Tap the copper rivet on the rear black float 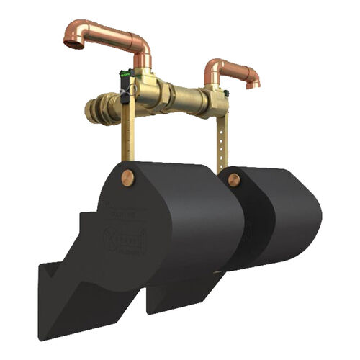point(234,180)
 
